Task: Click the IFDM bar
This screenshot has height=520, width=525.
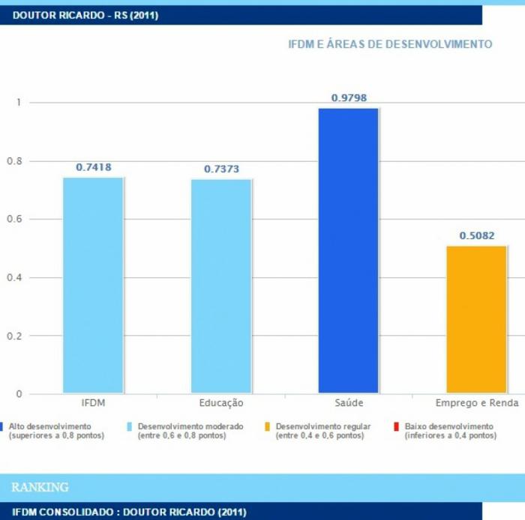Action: click(93, 285)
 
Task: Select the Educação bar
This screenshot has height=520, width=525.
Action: click(221, 286)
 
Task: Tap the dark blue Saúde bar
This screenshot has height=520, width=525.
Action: click(349, 250)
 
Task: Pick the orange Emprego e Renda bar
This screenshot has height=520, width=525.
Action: click(477, 319)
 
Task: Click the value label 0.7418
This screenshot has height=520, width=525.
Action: click(93, 167)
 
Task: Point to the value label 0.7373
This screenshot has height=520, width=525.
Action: click(221, 169)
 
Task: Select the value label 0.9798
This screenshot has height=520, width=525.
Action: click(349, 98)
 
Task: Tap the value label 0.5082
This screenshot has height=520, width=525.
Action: click(477, 235)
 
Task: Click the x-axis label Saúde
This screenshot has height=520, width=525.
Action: click(349, 403)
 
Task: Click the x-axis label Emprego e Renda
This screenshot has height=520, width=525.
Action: click(477, 403)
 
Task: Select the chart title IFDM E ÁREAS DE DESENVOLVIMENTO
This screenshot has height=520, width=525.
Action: click(390, 44)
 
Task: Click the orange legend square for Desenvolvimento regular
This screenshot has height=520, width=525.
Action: click(268, 426)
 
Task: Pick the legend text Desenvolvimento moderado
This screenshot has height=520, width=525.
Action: click(190, 426)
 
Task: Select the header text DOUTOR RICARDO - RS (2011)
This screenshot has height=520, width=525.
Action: click(85, 15)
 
